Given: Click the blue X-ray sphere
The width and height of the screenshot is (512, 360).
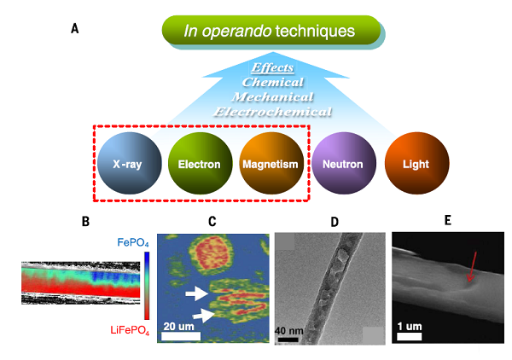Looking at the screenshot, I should click(x=126, y=162).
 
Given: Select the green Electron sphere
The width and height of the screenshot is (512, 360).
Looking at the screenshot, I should click(x=200, y=162).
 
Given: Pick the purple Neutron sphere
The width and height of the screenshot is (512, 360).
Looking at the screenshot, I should click(x=343, y=162).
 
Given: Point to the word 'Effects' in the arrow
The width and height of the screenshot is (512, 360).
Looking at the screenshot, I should click(x=272, y=67).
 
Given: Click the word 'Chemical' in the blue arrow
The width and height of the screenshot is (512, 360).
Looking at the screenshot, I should click(x=272, y=82).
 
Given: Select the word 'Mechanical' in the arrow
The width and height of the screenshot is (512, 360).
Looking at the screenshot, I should click(x=272, y=96).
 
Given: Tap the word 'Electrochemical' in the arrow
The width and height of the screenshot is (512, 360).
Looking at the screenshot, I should click(x=272, y=111).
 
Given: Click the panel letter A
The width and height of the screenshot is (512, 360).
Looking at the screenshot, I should click(x=75, y=28).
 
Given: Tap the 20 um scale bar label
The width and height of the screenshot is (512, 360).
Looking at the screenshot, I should click(x=183, y=326).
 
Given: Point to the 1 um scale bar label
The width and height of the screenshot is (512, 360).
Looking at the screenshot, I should click(x=410, y=327).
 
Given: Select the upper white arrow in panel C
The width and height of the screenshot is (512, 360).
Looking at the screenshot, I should click(x=196, y=293).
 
